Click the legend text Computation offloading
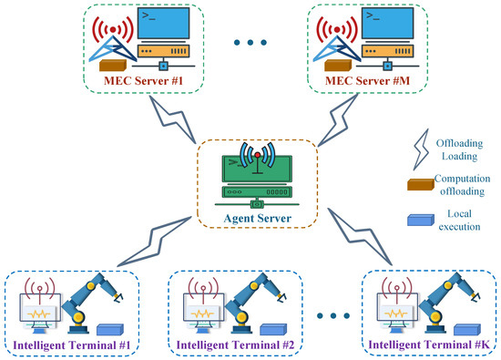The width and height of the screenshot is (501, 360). pyautogui.click(x=455, y=186)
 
